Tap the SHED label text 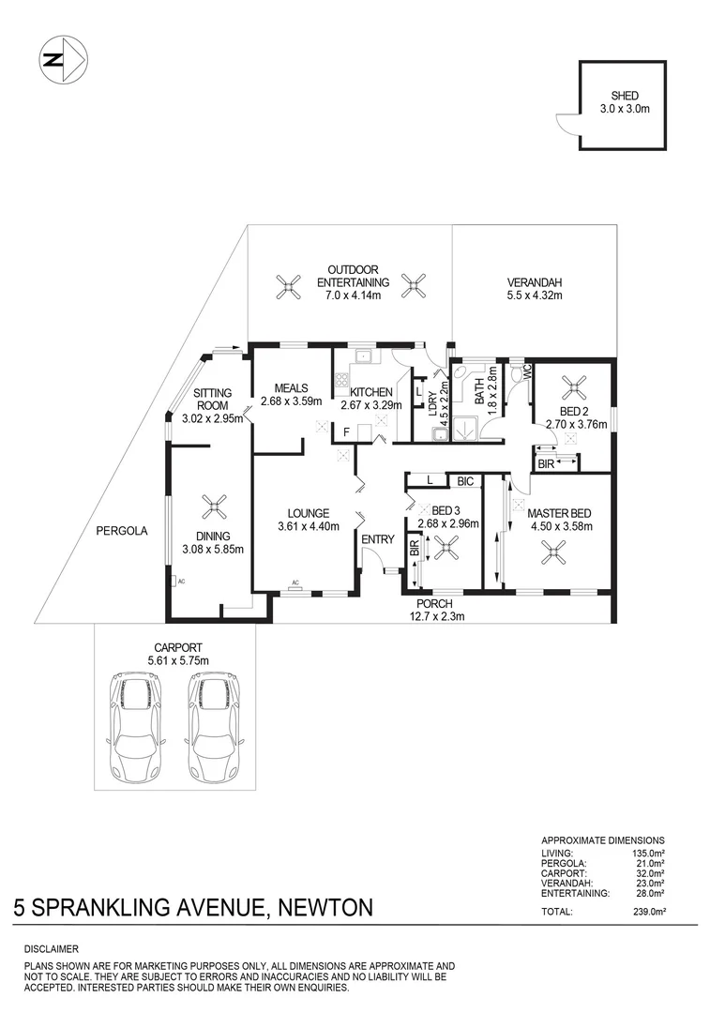click(x=625, y=96)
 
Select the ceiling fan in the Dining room click(x=215, y=508)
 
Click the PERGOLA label click(x=122, y=531)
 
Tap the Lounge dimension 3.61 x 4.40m click(x=308, y=526)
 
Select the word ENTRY click(x=378, y=539)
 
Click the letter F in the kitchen click(x=347, y=432)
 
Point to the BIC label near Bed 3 click(x=465, y=481)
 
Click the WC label click(x=527, y=371)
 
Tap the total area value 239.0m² click(x=647, y=912)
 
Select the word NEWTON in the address click(x=323, y=907)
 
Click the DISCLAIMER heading click(x=52, y=950)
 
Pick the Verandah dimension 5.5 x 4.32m click(x=534, y=295)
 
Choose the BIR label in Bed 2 click(x=545, y=462)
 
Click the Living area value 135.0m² click(x=647, y=853)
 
